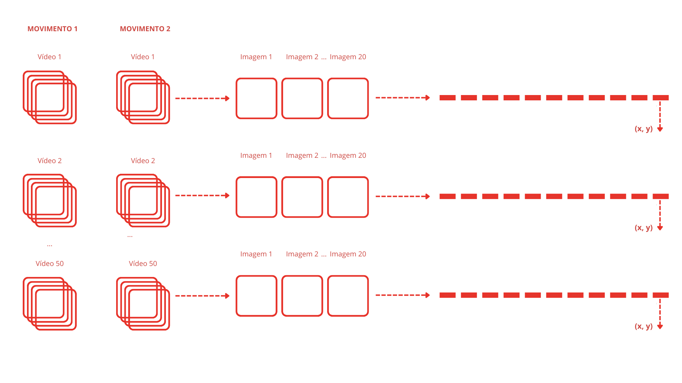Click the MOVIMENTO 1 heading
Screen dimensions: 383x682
[53, 29]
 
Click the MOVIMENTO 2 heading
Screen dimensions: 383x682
[145, 29]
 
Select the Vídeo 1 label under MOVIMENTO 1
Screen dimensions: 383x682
[49, 57]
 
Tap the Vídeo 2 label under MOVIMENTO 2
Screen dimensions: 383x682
[143, 161]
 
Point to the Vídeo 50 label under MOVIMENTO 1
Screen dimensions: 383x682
[49, 263]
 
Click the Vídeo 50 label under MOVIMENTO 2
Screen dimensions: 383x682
[143, 263]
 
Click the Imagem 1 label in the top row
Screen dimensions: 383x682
[256, 57]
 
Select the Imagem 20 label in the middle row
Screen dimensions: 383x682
[348, 155]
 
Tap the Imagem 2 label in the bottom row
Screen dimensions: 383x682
[302, 254]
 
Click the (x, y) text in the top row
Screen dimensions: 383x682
[644, 129]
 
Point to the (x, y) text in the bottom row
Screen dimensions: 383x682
[644, 326]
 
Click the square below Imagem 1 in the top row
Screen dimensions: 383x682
[256, 98]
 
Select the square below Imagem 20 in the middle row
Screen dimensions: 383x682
[348, 197]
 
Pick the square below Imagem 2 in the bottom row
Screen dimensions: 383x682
[302, 296]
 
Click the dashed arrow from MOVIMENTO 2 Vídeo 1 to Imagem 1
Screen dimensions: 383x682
[202, 98]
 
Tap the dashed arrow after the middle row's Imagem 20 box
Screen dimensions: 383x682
[402, 196]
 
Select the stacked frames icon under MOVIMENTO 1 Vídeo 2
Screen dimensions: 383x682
[50, 201]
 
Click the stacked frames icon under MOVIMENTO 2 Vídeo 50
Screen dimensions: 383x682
[143, 304]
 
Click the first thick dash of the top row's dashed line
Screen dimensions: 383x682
[447, 98]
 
